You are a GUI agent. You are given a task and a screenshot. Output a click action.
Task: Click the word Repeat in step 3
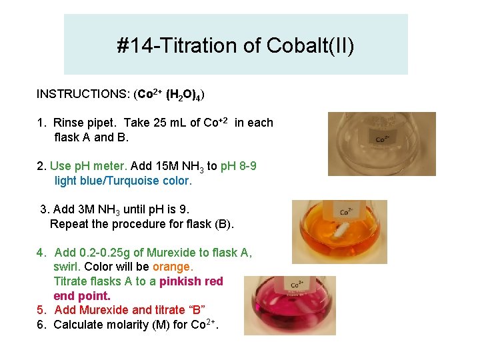pyautogui.click(x=68, y=224)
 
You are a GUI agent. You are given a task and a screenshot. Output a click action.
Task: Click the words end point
pyautogui.click(x=82, y=295)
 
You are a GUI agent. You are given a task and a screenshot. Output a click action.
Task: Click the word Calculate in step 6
pyautogui.click(x=80, y=325)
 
